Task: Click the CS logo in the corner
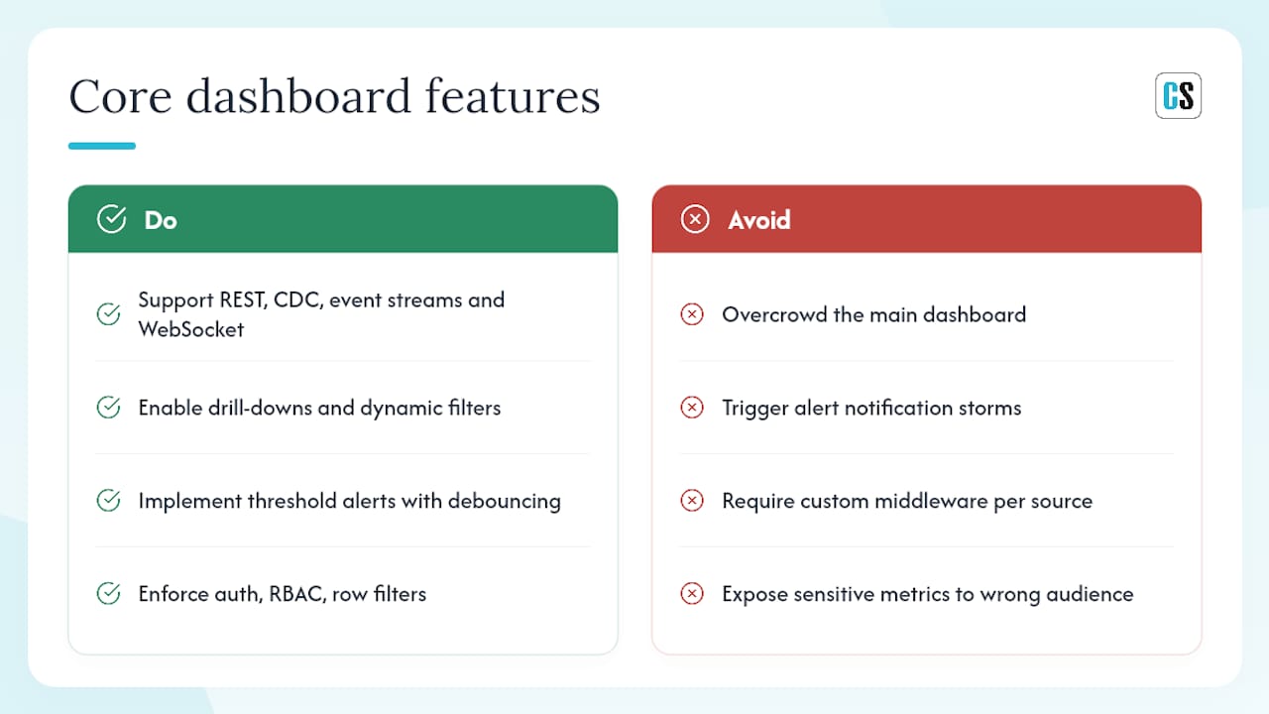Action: click(x=1178, y=95)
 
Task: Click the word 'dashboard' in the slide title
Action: click(x=298, y=96)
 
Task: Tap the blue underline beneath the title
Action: click(x=102, y=146)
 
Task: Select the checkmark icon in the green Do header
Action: click(x=112, y=219)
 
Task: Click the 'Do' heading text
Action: click(x=161, y=220)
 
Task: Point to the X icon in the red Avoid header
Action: click(x=695, y=219)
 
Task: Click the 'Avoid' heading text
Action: click(x=759, y=220)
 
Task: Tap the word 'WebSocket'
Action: click(x=191, y=329)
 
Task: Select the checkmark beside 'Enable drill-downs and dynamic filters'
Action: click(x=108, y=407)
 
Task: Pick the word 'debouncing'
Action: click(x=505, y=502)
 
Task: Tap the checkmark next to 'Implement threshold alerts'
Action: click(x=108, y=500)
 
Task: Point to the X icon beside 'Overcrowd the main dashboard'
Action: click(x=692, y=314)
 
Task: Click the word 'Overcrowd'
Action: click(x=774, y=314)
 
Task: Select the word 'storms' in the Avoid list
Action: click(x=989, y=408)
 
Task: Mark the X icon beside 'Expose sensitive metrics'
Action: click(x=692, y=593)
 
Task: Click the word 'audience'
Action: click(x=1090, y=594)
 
